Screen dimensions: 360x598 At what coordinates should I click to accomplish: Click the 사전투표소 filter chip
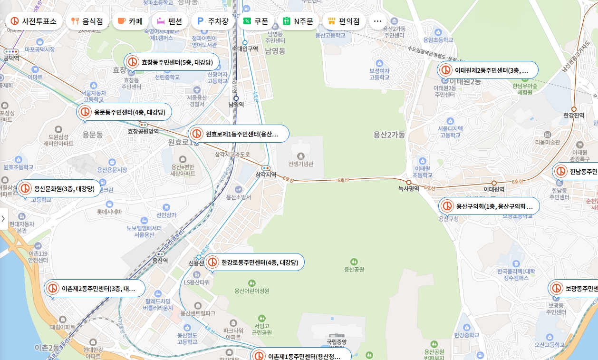point(34,21)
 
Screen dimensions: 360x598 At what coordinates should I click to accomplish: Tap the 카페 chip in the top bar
point(130,21)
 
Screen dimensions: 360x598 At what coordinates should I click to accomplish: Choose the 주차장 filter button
point(213,21)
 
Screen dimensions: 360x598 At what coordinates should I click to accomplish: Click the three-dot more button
point(378,21)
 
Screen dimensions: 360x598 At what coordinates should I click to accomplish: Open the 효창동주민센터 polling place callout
point(172,62)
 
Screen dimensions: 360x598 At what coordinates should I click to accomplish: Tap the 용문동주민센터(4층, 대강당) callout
point(124,112)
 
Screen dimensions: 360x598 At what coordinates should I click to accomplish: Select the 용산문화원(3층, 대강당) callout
point(59,189)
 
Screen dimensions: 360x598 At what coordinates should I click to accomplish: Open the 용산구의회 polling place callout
point(489,206)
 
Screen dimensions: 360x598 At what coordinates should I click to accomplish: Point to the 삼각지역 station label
point(266,175)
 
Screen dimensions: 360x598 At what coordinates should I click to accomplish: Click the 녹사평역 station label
point(408,188)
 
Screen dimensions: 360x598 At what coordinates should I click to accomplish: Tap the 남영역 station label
point(236,105)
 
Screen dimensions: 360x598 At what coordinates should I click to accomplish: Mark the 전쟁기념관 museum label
point(300,164)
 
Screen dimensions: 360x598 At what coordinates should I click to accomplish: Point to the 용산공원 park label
point(354,269)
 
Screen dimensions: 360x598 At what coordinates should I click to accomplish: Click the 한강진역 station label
point(573,116)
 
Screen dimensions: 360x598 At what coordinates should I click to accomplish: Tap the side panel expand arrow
point(3,219)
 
